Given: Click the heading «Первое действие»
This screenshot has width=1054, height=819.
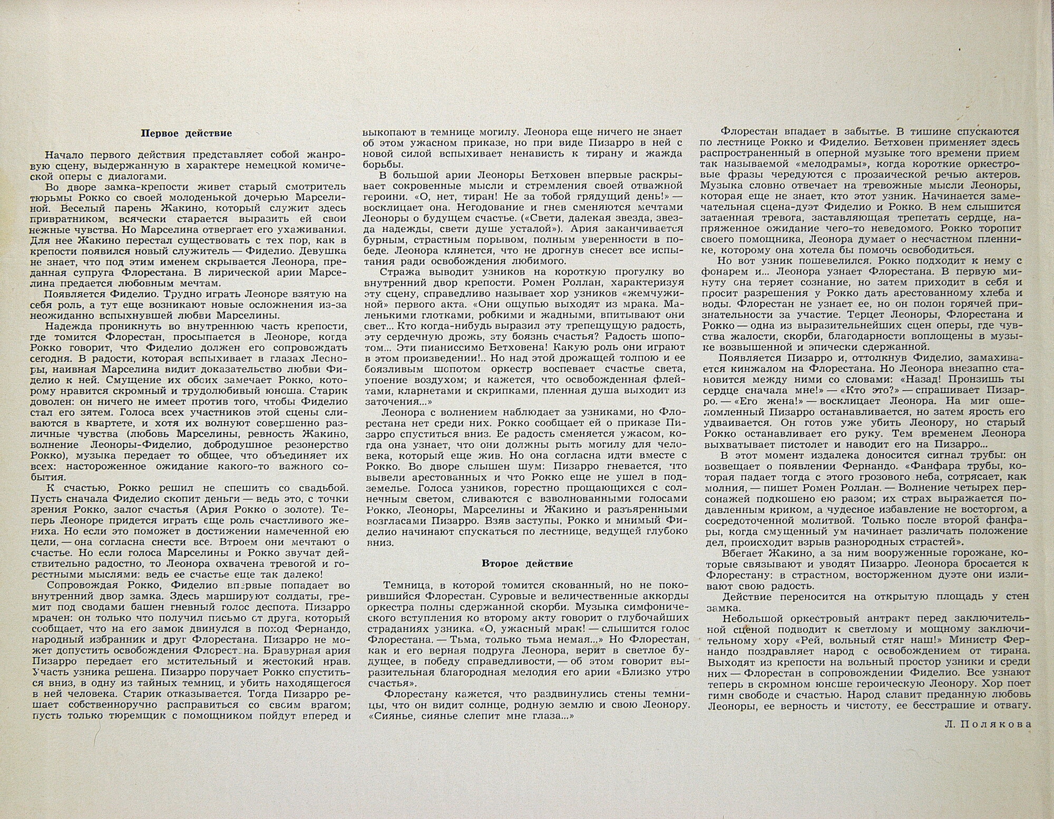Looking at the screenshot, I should [x=186, y=133].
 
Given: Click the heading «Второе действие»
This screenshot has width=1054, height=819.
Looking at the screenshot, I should [x=527, y=563].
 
